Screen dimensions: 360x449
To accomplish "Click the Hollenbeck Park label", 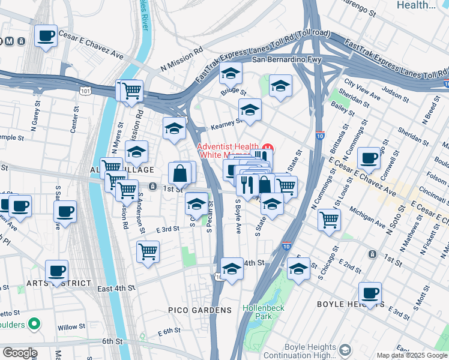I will point(258,311).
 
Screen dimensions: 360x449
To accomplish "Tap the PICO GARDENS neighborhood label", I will point(199,310).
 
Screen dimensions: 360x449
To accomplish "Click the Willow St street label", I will point(71,328).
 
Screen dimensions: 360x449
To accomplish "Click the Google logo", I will point(20,353).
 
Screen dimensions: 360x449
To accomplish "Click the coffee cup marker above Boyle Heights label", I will point(370,293).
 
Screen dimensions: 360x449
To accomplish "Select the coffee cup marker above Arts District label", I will point(57,271).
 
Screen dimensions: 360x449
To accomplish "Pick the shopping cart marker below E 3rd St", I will point(148,251).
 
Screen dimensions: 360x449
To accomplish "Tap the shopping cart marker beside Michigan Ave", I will point(329,220).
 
